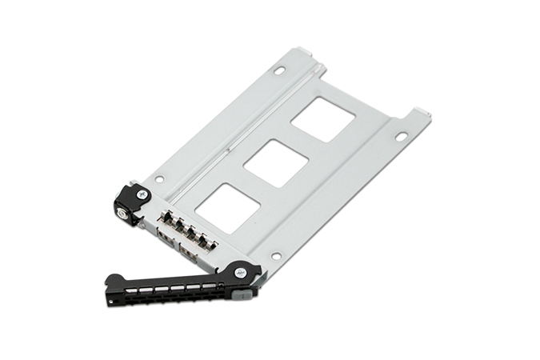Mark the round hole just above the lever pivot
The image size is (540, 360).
275,256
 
